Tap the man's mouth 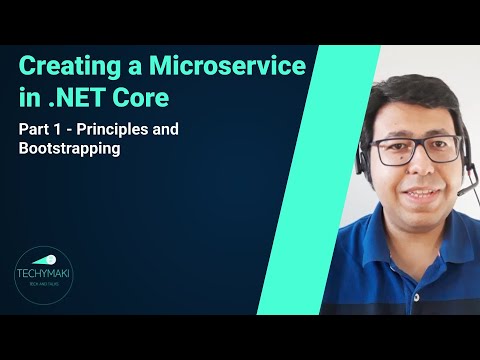tap(412, 190)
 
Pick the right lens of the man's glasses tap(436, 149)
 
